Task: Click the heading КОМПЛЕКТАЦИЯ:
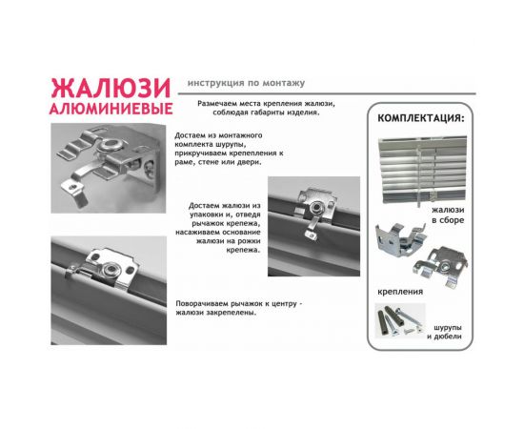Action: tap(422, 119)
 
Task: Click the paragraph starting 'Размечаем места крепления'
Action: tap(259, 106)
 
